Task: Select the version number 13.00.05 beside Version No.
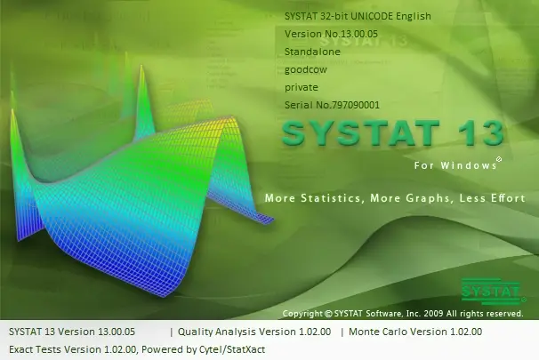(x=359, y=34)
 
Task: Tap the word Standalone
(x=312, y=52)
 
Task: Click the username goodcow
(x=306, y=70)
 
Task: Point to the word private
(x=302, y=88)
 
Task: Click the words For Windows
(x=455, y=165)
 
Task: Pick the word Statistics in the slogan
(x=331, y=198)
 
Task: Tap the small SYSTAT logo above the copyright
(x=492, y=292)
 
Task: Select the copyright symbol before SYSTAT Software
(x=328, y=314)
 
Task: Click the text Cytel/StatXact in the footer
(x=232, y=349)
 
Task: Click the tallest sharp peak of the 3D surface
(x=141, y=65)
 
